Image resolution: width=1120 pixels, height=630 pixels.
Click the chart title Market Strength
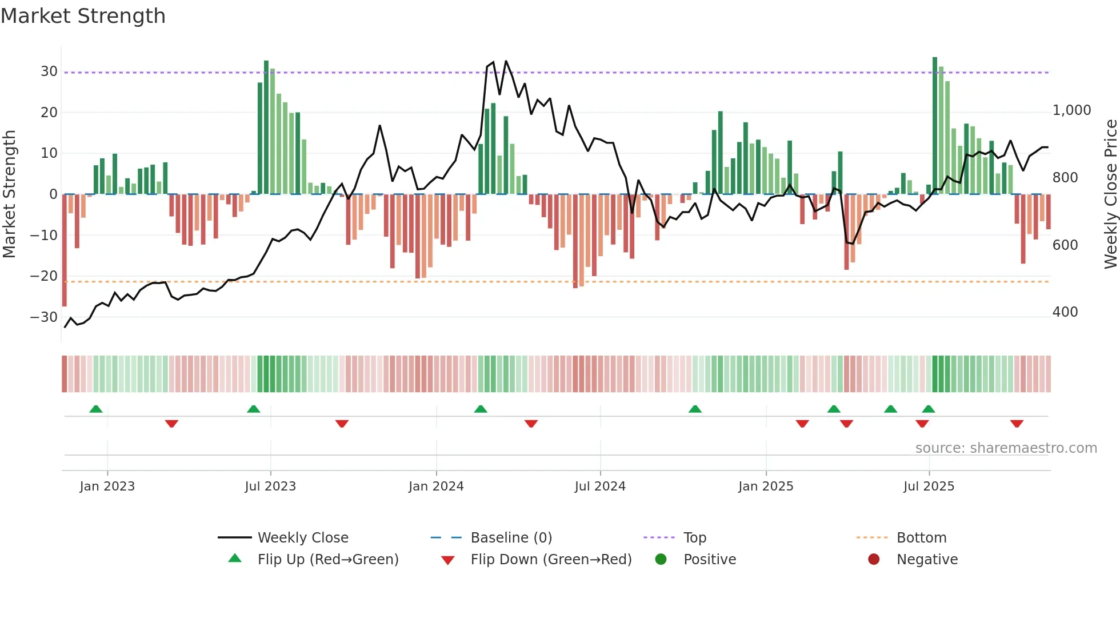(83, 16)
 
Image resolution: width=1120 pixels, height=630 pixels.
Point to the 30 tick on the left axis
(49, 71)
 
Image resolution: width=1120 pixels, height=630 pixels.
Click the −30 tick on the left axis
(45, 317)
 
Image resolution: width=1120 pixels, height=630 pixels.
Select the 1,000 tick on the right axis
(1071, 110)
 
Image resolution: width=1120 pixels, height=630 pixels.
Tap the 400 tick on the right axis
(1065, 312)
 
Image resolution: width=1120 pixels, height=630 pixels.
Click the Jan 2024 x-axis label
(436, 487)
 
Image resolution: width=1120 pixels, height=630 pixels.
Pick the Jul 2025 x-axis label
(929, 487)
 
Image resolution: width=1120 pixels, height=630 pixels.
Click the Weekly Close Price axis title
(1110, 194)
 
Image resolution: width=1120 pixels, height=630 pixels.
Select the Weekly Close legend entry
(302, 538)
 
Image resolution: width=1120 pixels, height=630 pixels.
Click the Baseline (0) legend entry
(511, 538)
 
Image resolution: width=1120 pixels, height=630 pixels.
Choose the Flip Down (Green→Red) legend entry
(551, 560)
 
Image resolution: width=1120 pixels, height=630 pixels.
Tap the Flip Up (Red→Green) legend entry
(327, 560)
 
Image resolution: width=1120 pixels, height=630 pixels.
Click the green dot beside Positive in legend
(661, 560)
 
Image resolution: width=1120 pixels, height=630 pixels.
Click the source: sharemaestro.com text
(1006, 448)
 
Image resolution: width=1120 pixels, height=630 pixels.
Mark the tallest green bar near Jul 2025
(935, 126)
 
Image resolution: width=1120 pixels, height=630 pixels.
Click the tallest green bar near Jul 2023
(266, 127)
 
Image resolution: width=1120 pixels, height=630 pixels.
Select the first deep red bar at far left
(65, 250)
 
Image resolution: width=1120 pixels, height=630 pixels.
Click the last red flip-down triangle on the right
(1017, 424)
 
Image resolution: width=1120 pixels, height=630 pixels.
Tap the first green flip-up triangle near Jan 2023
(96, 409)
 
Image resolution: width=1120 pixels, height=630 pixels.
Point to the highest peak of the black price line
(506, 61)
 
